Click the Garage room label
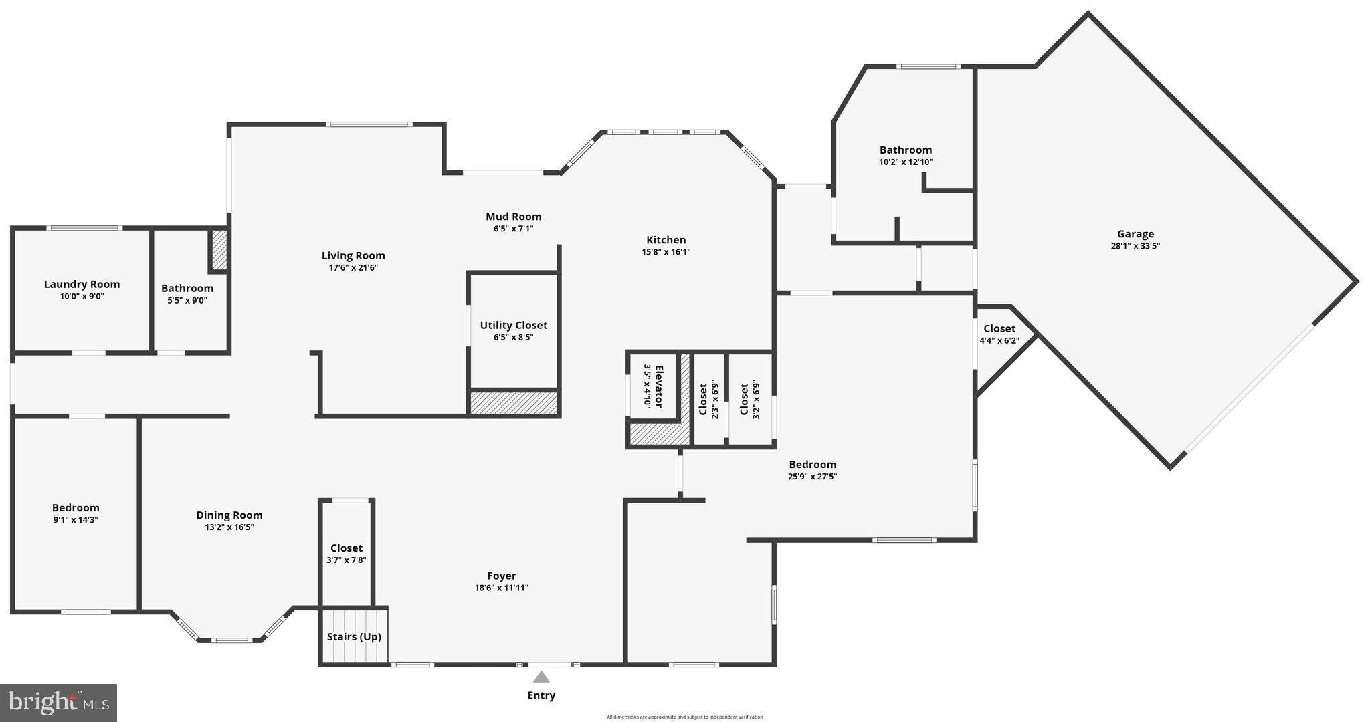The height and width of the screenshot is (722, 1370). click(x=1135, y=234)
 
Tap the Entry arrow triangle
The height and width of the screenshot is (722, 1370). click(x=541, y=677)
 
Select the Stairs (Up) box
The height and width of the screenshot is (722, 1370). click(x=354, y=636)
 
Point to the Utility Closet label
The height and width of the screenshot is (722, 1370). click(x=513, y=325)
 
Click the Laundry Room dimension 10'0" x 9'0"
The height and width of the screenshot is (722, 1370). click(x=82, y=296)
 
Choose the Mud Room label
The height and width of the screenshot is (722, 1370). click(x=513, y=216)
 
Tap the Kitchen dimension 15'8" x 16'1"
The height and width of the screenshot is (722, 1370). click(x=666, y=252)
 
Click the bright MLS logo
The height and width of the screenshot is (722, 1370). click(x=59, y=702)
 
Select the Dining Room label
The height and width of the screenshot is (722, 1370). click(x=229, y=515)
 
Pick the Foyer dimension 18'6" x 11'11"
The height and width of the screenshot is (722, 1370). click(x=501, y=588)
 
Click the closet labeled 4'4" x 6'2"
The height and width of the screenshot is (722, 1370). click(x=999, y=334)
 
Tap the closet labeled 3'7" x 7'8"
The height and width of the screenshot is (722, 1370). click(x=346, y=554)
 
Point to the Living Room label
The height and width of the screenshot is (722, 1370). click(x=353, y=255)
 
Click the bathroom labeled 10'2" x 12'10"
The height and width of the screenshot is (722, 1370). click(x=905, y=155)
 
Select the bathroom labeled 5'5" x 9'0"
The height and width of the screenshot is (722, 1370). click(x=187, y=294)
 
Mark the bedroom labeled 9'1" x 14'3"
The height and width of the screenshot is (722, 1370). click(x=76, y=513)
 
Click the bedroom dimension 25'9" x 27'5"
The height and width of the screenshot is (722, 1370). click(x=812, y=477)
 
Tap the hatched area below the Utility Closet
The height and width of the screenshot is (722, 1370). click(x=513, y=403)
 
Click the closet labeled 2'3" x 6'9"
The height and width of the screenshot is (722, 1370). click(x=708, y=399)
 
